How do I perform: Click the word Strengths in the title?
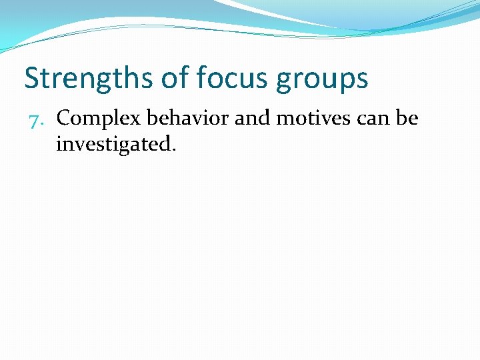tap(89, 79)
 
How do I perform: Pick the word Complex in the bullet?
tap(99, 119)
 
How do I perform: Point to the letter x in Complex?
tap(135, 120)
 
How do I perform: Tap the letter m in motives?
tap(285, 120)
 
